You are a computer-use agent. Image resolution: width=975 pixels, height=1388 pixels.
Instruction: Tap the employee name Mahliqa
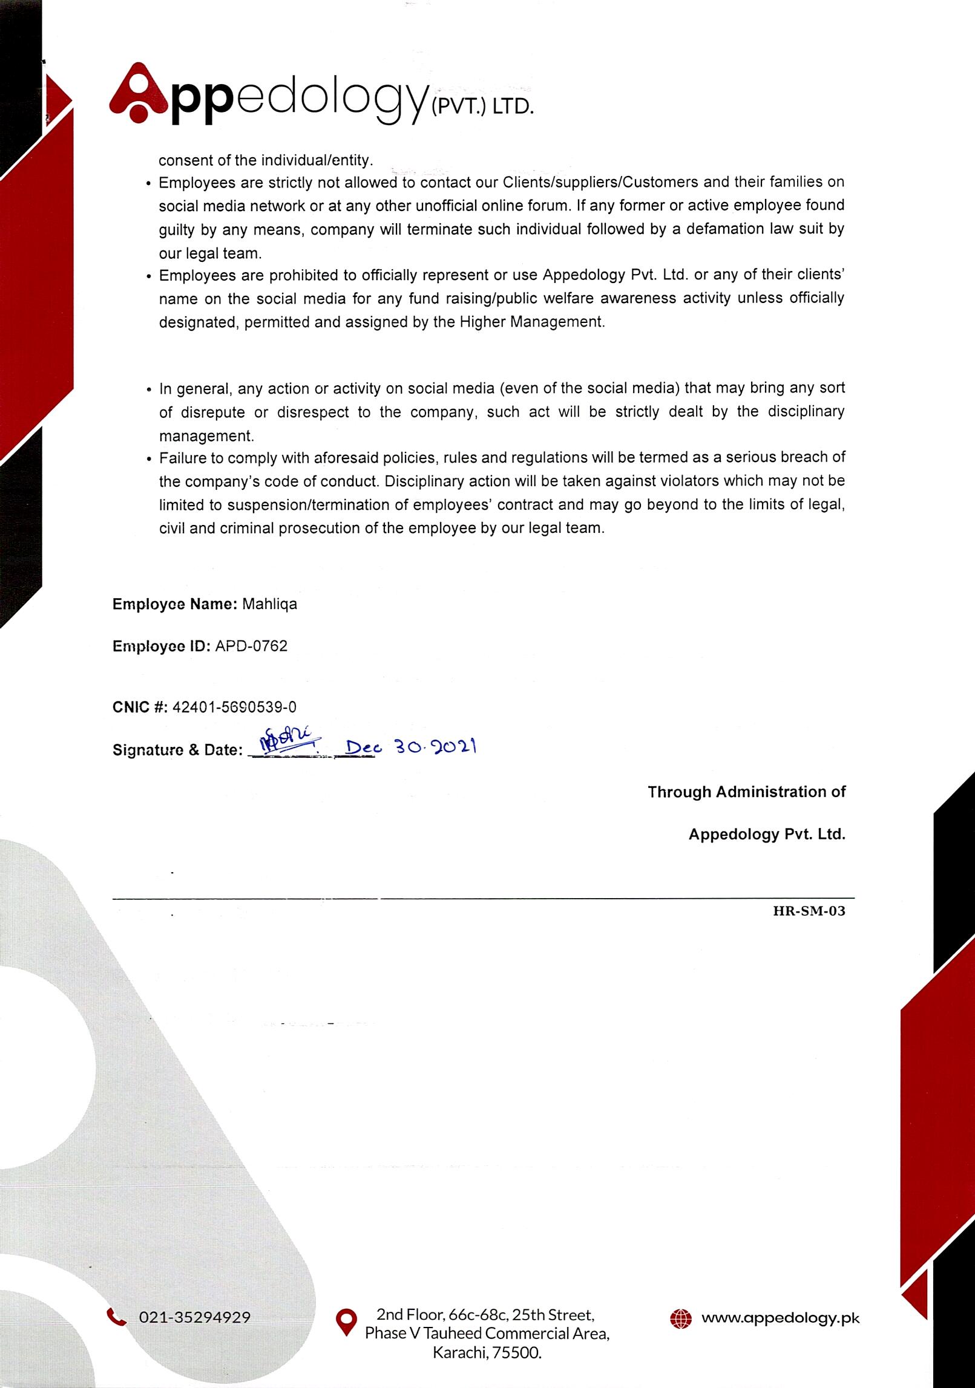pos(269,604)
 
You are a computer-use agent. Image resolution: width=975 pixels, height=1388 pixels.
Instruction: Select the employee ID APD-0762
pos(251,646)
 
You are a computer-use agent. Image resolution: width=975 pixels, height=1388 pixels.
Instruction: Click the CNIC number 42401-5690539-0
pos(234,707)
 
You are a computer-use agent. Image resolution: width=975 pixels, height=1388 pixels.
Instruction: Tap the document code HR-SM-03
pos(809,911)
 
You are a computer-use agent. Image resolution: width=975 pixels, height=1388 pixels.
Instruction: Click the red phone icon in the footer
pos(116,1317)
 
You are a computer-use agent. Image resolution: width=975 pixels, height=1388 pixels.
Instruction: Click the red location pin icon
pos(346,1323)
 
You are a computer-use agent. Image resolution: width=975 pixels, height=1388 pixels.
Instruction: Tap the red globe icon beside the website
pos(681,1318)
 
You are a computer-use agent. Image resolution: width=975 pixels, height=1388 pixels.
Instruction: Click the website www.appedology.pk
pos(780,1318)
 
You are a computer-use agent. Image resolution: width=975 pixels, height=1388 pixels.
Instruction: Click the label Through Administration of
pos(746,792)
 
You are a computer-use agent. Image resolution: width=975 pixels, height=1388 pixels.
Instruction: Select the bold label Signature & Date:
pos(177,750)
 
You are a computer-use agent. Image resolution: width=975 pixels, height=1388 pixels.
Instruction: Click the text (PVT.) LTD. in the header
pos(481,108)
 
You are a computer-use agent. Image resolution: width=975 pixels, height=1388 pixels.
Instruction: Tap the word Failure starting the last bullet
pos(183,458)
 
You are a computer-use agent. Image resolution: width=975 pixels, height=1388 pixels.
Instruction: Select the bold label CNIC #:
pos(140,707)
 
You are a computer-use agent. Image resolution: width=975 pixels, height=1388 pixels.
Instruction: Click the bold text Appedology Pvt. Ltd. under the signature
pos(766,834)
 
